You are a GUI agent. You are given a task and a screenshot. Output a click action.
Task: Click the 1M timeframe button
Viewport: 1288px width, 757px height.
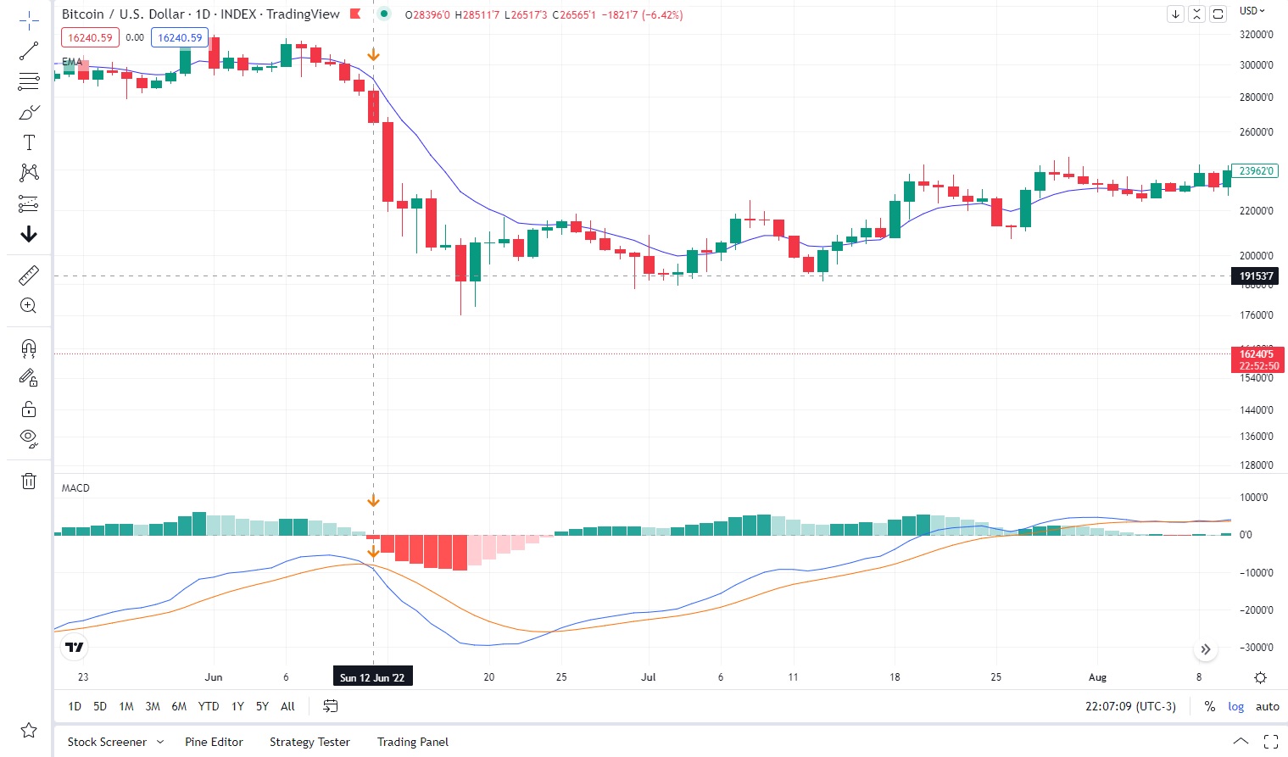click(126, 706)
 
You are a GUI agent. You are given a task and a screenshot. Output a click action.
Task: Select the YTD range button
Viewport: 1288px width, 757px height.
click(209, 706)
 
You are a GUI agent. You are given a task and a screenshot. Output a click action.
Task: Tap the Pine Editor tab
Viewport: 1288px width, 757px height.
click(214, 742)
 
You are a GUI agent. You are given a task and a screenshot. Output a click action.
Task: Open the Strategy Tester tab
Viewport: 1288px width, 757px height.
click(309, 742)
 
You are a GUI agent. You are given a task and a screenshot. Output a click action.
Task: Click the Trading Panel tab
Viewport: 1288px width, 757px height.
click(413, 742)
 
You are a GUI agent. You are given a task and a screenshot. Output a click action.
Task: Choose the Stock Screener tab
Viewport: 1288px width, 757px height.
click(107, 742)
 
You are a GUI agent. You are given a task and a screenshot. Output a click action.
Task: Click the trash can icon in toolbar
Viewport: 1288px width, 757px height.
click(29, 481)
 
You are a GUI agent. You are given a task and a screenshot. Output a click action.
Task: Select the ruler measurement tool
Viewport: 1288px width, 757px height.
click(29, 276)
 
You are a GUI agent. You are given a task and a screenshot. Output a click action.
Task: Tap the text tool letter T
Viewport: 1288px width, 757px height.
click(29, 142)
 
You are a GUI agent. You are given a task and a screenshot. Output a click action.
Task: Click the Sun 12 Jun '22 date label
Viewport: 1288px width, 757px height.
click(372, 677)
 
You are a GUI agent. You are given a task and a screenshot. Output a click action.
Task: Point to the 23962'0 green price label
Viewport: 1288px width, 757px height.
click(1255, 170)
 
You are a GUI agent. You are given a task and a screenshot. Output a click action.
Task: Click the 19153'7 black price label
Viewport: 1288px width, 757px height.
click(1256, 276)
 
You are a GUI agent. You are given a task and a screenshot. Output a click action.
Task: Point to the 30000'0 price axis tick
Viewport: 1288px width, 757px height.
click(1256, 65)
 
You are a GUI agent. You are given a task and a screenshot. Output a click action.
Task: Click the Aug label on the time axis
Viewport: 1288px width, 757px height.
click(1097, 677)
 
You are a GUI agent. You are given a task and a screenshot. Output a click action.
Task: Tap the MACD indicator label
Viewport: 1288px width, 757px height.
click(75, 488)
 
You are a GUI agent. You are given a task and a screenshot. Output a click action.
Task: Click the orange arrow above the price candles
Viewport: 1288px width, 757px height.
click(373, 55)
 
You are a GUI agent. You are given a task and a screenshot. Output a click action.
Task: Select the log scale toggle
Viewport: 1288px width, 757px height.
click(1236, 706)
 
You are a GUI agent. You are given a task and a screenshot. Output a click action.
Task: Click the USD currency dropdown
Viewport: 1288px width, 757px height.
click(1252, 11)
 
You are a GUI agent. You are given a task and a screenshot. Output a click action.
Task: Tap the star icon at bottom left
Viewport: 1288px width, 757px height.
click(29, 730)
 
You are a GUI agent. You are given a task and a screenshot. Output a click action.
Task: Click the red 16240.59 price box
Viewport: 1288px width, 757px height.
click(90, 38)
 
